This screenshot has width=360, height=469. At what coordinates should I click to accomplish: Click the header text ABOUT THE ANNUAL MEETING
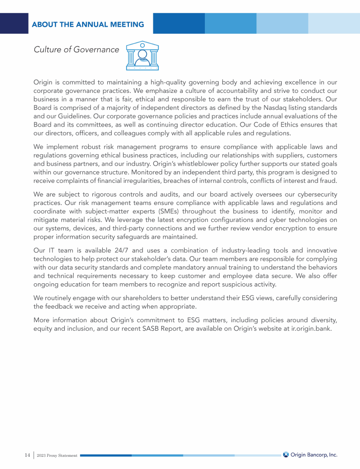point(88,24)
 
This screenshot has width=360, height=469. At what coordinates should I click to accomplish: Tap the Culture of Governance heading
point(76,50)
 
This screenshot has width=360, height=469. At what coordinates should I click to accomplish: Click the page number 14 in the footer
point(27,455)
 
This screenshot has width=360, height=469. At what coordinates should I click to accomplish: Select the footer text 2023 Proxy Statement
point(57,455)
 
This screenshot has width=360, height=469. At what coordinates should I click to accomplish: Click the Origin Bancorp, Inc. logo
point(310,454)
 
